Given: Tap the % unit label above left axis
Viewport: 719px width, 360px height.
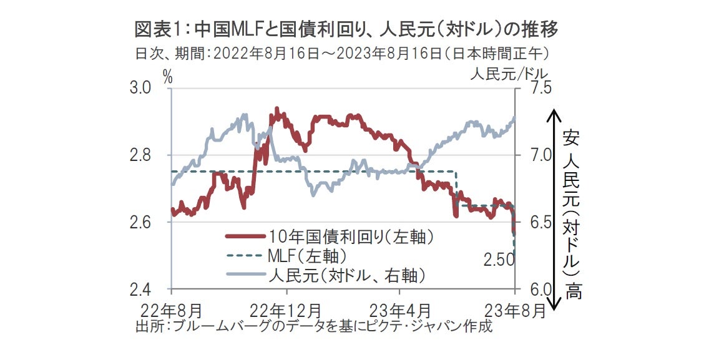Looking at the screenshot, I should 167,75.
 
